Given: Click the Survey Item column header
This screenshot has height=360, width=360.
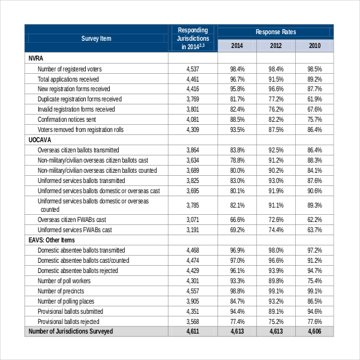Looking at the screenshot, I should (x=96, y=38).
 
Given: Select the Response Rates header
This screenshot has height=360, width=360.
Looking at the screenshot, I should (x=275, y=32).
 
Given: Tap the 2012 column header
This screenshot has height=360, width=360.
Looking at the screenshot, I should (x=275, y=46).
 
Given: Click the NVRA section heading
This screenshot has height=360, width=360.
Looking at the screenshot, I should (x=36, y=58).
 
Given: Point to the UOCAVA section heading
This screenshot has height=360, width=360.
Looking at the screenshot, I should (x=41, y=139).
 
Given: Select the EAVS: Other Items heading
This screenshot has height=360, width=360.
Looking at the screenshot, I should (x=53, y=240).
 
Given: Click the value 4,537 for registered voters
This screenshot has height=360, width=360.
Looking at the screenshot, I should (x=192, y=69).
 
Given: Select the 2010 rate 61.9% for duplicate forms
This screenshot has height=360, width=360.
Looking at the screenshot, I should (x=314, y=99).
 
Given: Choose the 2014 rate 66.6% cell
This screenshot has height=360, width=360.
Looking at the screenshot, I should (x=237, y=220).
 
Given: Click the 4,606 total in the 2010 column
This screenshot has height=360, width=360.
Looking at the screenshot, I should (x=314, y=331).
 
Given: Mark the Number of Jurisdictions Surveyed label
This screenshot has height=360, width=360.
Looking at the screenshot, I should (x=71, y=331).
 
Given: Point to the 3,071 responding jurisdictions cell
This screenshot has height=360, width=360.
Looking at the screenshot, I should (x=192, y=220).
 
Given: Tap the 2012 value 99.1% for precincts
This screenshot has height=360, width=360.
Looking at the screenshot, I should (x=275, y=291).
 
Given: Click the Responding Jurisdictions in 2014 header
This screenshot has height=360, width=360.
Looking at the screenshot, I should (x=192, y=38).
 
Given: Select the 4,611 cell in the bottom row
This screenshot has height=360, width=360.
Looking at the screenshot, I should (x=192, y=331).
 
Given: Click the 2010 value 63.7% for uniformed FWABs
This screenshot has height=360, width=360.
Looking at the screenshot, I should (x=314, y=230).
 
